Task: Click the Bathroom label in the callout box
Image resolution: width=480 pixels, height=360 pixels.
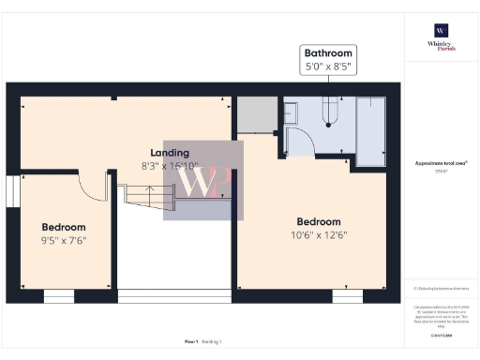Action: click(x=327, y=53)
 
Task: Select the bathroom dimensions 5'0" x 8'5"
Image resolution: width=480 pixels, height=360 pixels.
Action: click(x=327, y=67)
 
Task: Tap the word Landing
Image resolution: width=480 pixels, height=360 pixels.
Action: click(x=170, y=153)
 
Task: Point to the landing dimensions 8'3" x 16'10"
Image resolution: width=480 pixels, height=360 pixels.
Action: click(x=170, y=167)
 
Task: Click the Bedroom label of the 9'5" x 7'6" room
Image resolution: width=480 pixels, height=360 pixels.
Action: click(x=64, y=227)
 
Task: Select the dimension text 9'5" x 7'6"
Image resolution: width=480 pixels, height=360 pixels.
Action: click(x=64, y=241)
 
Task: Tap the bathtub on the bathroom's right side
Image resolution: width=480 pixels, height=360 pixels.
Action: click(x=371, y=130)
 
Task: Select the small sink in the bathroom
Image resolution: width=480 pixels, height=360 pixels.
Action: click(x=290, y=112)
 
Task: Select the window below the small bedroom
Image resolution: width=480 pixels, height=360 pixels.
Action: click(x=58, y=296)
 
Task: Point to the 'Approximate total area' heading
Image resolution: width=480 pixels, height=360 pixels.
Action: click(x=441, y=162)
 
